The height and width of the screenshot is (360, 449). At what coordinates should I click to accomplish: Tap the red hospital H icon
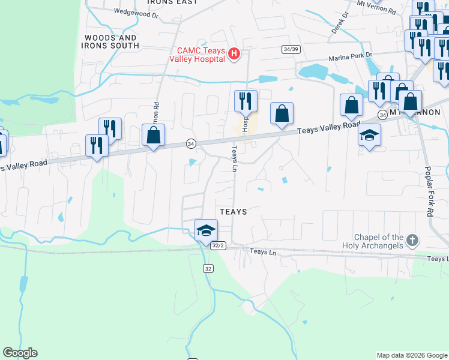[235, 55]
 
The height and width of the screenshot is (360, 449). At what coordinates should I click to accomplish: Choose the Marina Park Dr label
[351, 58]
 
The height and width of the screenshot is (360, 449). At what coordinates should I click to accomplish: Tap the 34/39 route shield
[291, 49]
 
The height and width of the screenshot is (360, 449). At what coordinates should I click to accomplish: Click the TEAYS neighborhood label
[234, 212]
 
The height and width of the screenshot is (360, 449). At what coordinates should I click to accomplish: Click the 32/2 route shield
[218, 245]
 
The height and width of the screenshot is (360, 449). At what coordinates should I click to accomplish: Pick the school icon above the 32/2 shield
[206, 230]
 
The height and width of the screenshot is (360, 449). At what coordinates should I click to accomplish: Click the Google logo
[20, 353]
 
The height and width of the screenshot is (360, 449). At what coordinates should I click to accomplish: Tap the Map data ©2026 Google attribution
[411, 355]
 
